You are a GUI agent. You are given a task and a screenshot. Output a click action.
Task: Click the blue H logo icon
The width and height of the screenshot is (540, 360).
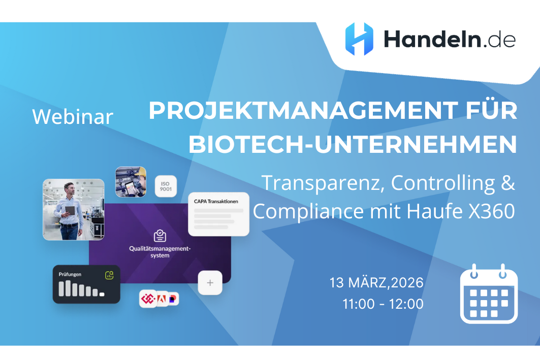359,39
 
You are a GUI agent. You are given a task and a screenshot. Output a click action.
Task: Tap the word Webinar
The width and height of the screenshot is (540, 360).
73,117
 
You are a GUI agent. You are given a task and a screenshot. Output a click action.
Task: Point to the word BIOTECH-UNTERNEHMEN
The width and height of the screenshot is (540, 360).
353,145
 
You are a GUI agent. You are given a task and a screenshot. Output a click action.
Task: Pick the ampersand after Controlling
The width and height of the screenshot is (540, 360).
507,182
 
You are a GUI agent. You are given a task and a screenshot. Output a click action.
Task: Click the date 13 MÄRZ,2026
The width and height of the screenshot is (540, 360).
376,282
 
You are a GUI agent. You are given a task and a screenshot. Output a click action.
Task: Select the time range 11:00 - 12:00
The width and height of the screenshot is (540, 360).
383,304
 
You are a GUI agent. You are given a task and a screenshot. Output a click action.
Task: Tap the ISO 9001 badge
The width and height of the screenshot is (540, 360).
166,186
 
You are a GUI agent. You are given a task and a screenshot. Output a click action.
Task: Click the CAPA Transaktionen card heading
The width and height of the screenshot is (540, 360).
216,202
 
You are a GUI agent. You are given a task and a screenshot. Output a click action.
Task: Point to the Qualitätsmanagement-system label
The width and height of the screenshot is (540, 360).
160,252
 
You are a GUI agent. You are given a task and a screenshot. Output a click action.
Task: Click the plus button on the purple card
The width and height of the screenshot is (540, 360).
210,283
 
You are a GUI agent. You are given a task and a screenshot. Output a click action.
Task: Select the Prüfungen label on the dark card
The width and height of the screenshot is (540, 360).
70,274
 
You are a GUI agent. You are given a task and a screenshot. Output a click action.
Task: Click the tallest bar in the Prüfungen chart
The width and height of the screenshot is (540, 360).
62,288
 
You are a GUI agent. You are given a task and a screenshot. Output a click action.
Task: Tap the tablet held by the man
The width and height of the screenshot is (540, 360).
70,210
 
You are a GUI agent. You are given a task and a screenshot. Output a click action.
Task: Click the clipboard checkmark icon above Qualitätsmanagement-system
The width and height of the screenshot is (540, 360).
160,236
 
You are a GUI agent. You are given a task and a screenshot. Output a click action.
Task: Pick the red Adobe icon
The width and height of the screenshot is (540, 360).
162,299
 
